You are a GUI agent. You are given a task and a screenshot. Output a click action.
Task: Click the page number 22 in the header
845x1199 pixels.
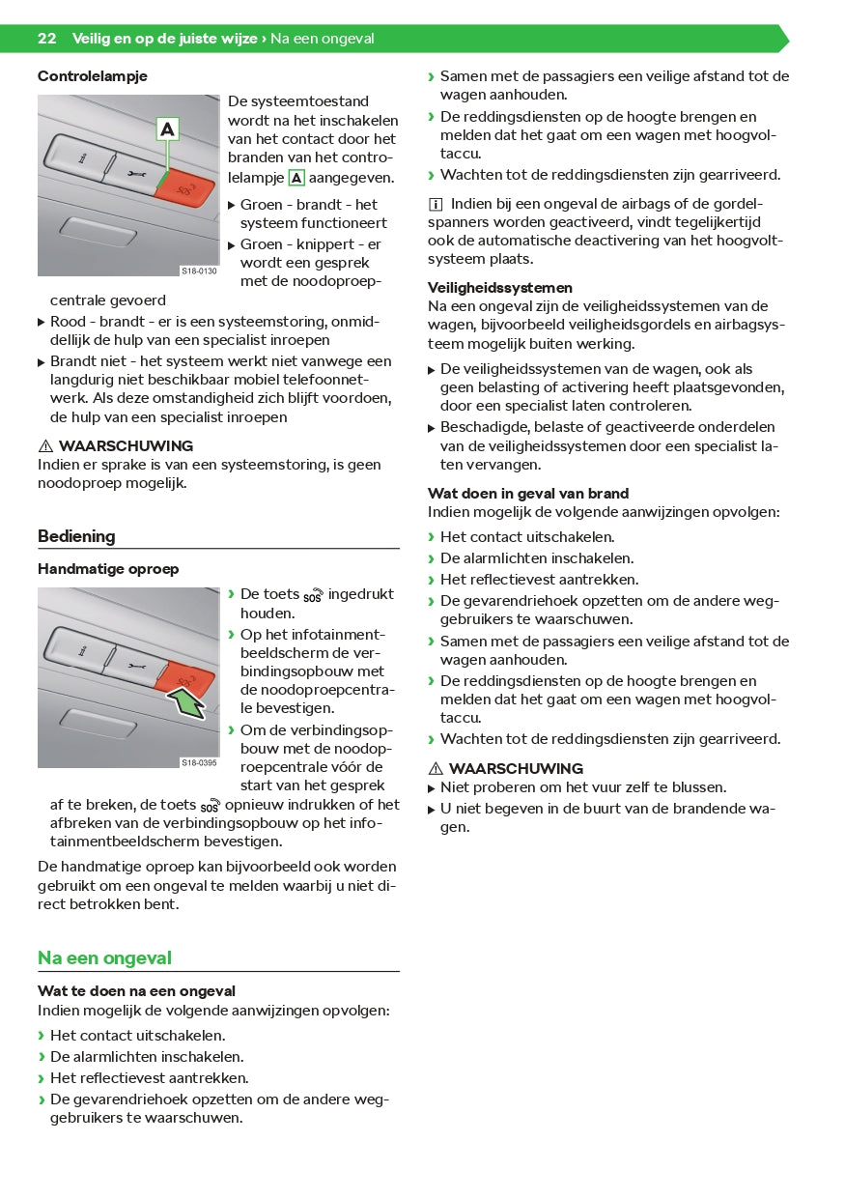tap(46, 39)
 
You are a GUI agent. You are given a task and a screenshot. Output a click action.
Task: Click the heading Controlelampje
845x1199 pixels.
tap(93, 75)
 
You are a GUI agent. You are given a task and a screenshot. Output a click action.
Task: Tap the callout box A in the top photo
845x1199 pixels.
tap(168, 128)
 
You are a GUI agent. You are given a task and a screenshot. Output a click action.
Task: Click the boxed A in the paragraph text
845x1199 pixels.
tap(297, 178)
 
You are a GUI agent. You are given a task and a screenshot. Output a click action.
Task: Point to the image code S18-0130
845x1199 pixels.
tap(199, 271)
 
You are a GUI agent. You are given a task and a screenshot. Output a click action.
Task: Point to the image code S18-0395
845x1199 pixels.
tap(199, 763)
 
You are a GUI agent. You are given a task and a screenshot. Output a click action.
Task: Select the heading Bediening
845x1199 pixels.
tap(76, 536)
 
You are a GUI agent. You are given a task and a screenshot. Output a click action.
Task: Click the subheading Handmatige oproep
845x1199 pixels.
tap(108, 569)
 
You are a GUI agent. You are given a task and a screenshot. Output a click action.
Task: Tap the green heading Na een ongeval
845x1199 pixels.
tap(104, 957)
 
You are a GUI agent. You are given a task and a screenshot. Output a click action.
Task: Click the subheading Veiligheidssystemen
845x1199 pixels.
tap(500, 287)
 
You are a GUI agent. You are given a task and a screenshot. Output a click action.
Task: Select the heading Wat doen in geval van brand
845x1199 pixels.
tap(528, 493)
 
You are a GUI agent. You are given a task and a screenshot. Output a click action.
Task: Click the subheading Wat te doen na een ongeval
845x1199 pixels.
tap(136, 990)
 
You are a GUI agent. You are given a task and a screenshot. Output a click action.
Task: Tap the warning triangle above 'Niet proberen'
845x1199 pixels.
tap(435, 769)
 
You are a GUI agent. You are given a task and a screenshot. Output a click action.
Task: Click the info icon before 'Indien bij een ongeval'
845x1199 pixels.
tap(436, 204)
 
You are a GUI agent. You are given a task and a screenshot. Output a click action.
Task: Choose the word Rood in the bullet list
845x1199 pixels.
tap(69, 321)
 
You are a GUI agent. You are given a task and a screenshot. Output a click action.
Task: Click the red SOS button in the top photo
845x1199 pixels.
tap(189, 187)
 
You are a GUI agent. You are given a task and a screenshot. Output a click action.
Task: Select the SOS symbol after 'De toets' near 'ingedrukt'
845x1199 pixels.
tap(314, 595)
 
